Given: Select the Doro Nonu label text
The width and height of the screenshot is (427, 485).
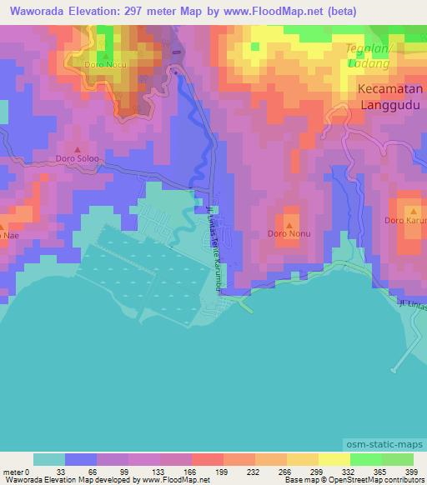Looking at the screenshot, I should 289,233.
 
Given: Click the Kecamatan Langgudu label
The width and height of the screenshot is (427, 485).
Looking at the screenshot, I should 390,96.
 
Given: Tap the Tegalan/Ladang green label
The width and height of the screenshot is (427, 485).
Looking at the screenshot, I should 374,55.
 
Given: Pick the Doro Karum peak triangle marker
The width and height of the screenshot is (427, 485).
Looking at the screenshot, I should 409,210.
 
